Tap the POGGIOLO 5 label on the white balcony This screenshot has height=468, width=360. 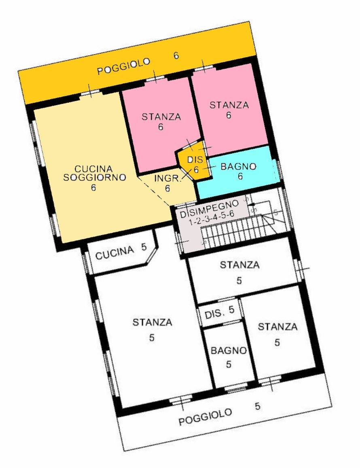point(219,414)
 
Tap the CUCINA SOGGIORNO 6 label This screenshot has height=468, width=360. point(94,178)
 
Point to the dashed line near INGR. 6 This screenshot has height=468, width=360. point(155,191)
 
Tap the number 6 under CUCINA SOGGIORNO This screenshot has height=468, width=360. point(94,188)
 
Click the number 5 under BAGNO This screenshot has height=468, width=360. point(229,364)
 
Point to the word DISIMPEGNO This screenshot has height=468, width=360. point(210,208)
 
